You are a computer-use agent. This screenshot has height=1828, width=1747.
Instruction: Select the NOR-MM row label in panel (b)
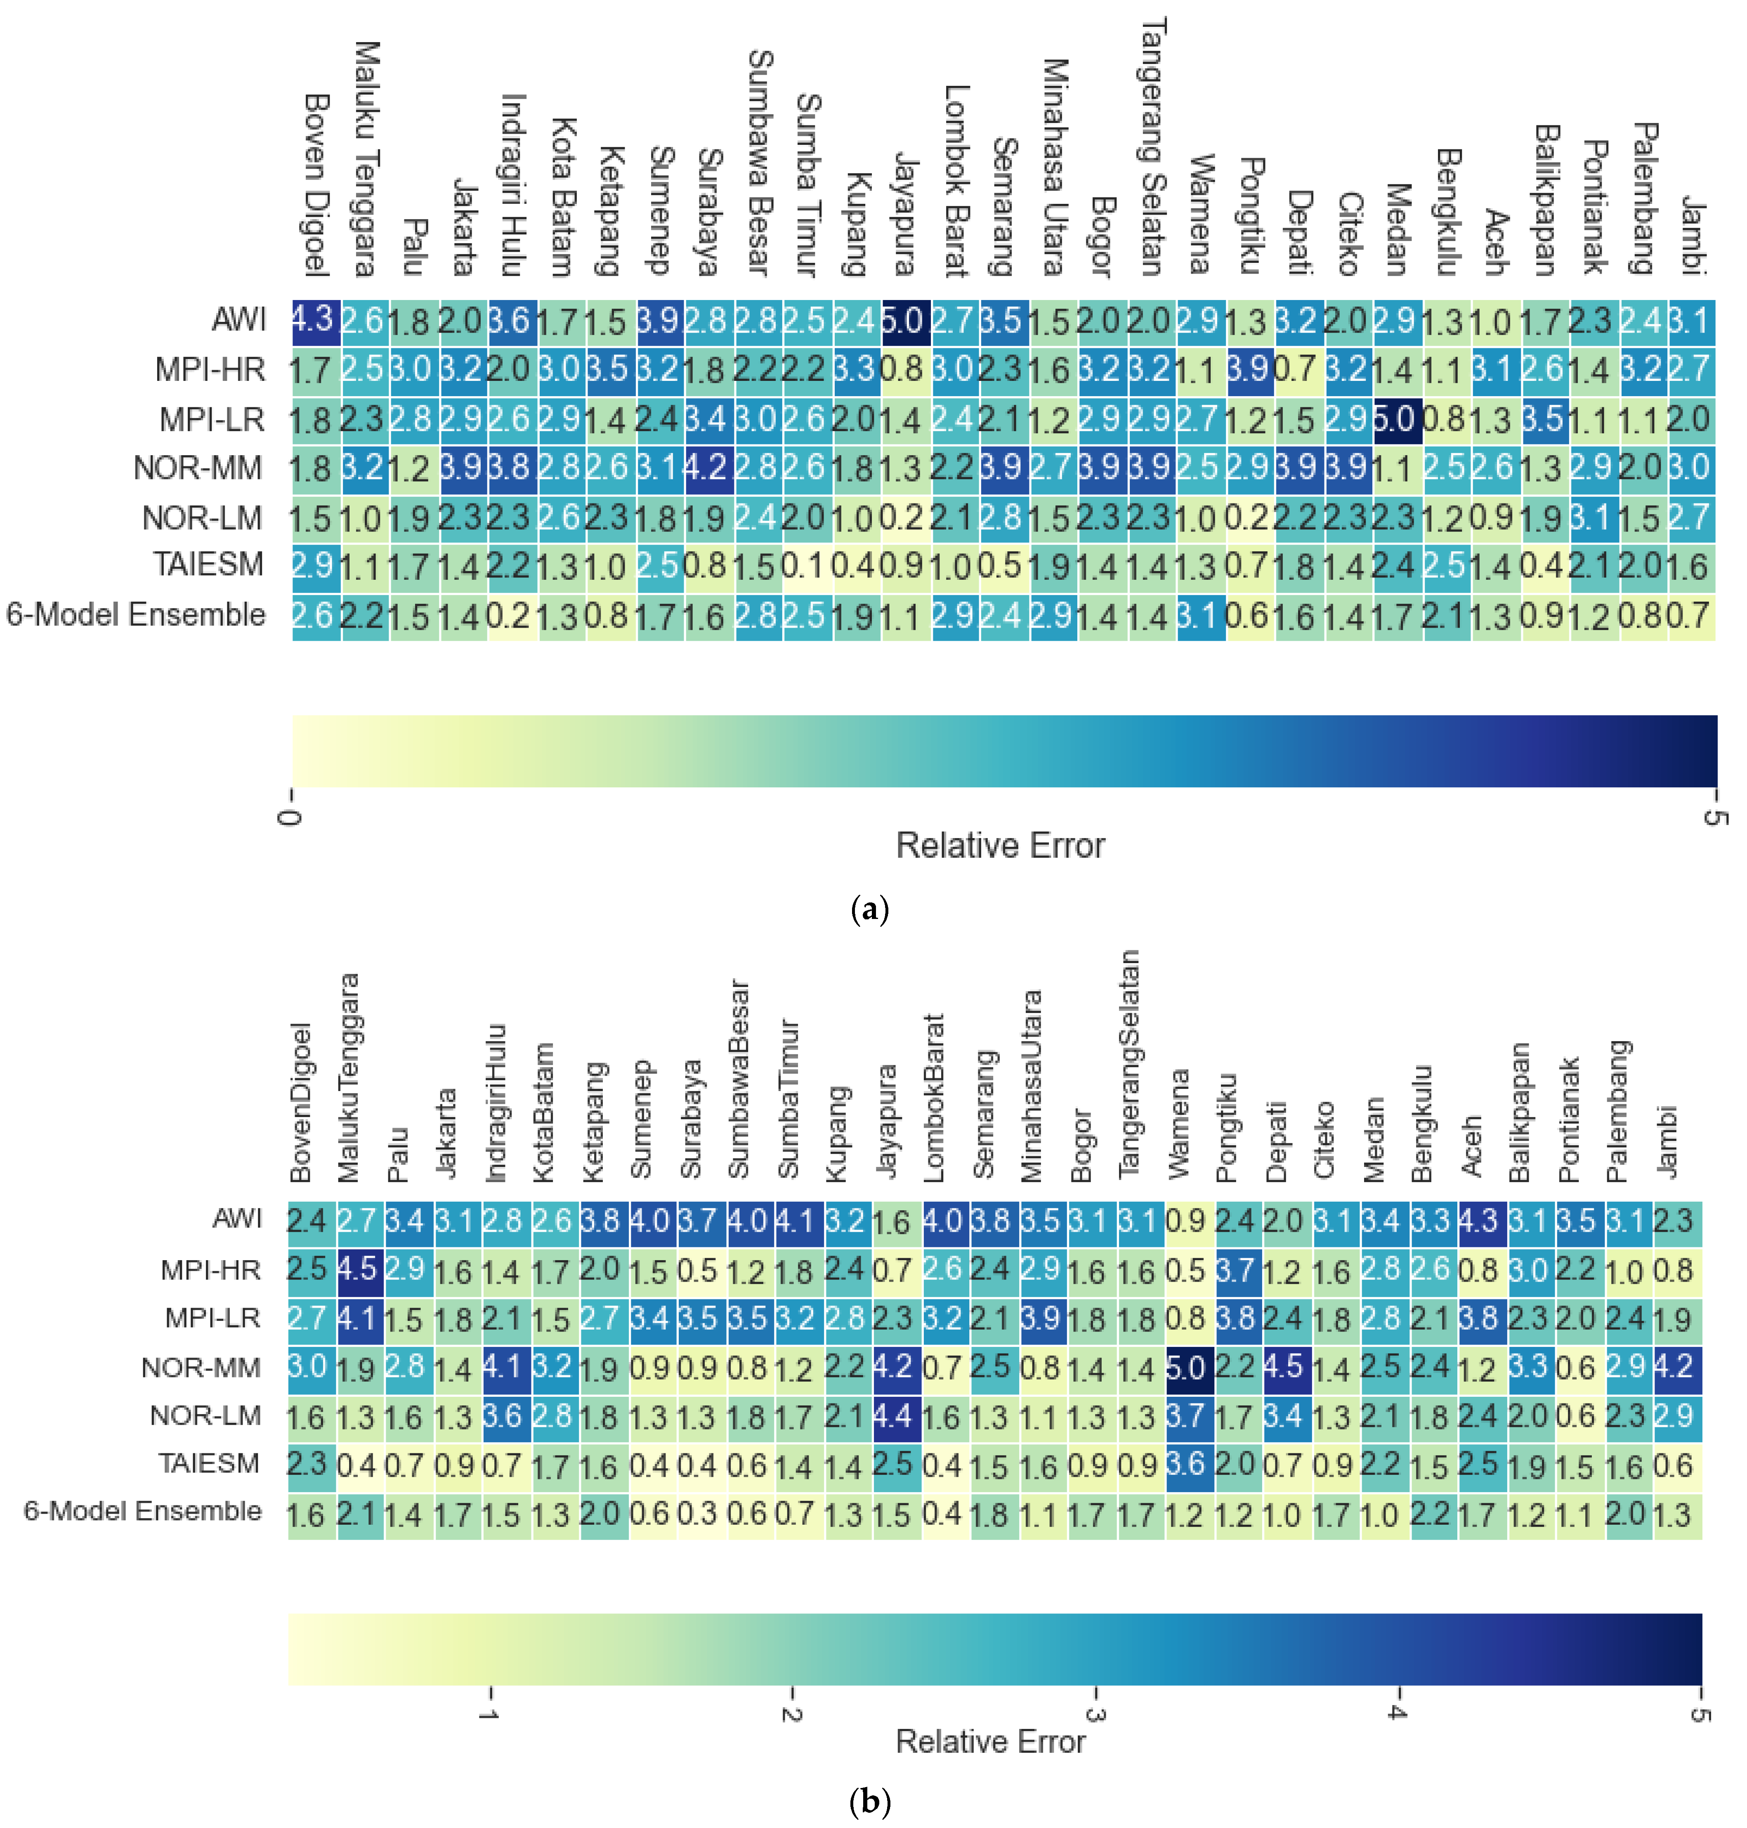(x=201, y=1368)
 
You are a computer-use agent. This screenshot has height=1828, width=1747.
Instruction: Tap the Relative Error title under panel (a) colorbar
(x=1000, y=846)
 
